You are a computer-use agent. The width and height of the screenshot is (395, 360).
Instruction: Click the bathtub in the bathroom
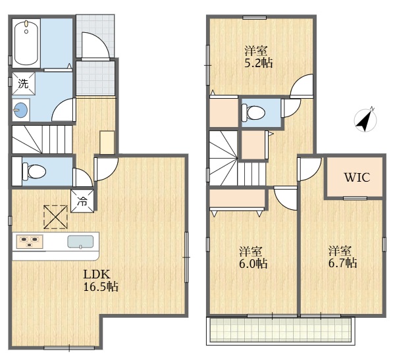[x=26, y=43]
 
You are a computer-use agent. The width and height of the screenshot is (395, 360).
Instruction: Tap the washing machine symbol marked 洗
[x=24, y=84]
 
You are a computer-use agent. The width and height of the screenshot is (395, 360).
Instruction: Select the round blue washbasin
[x=20, y=111]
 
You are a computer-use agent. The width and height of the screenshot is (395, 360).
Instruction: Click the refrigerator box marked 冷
[x=82, y=201]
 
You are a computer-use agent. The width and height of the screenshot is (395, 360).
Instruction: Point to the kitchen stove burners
[x=30, y=242]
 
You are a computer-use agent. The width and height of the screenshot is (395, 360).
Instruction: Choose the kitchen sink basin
[x=80, y=242]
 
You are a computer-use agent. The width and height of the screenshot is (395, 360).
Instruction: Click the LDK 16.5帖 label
[x=101, y=280]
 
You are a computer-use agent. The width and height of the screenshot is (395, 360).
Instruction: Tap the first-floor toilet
[x=34, y=171]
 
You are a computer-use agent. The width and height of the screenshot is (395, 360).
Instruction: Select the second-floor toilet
[x=253, y=111]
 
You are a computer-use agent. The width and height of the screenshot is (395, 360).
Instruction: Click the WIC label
[x=357, y=178]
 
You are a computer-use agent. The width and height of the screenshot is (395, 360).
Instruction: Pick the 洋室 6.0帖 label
[x=253, y=257]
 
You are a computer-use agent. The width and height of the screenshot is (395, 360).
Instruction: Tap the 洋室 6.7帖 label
[x=342, y=257]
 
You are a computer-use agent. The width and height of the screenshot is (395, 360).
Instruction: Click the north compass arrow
[x=365, y=119]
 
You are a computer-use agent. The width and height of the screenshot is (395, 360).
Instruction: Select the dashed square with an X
[x=56, y=217]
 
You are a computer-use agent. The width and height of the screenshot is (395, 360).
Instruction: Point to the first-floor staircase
[x=42, y=140]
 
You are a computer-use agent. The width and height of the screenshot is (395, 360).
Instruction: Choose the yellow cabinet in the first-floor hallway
[x=107, y=142]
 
